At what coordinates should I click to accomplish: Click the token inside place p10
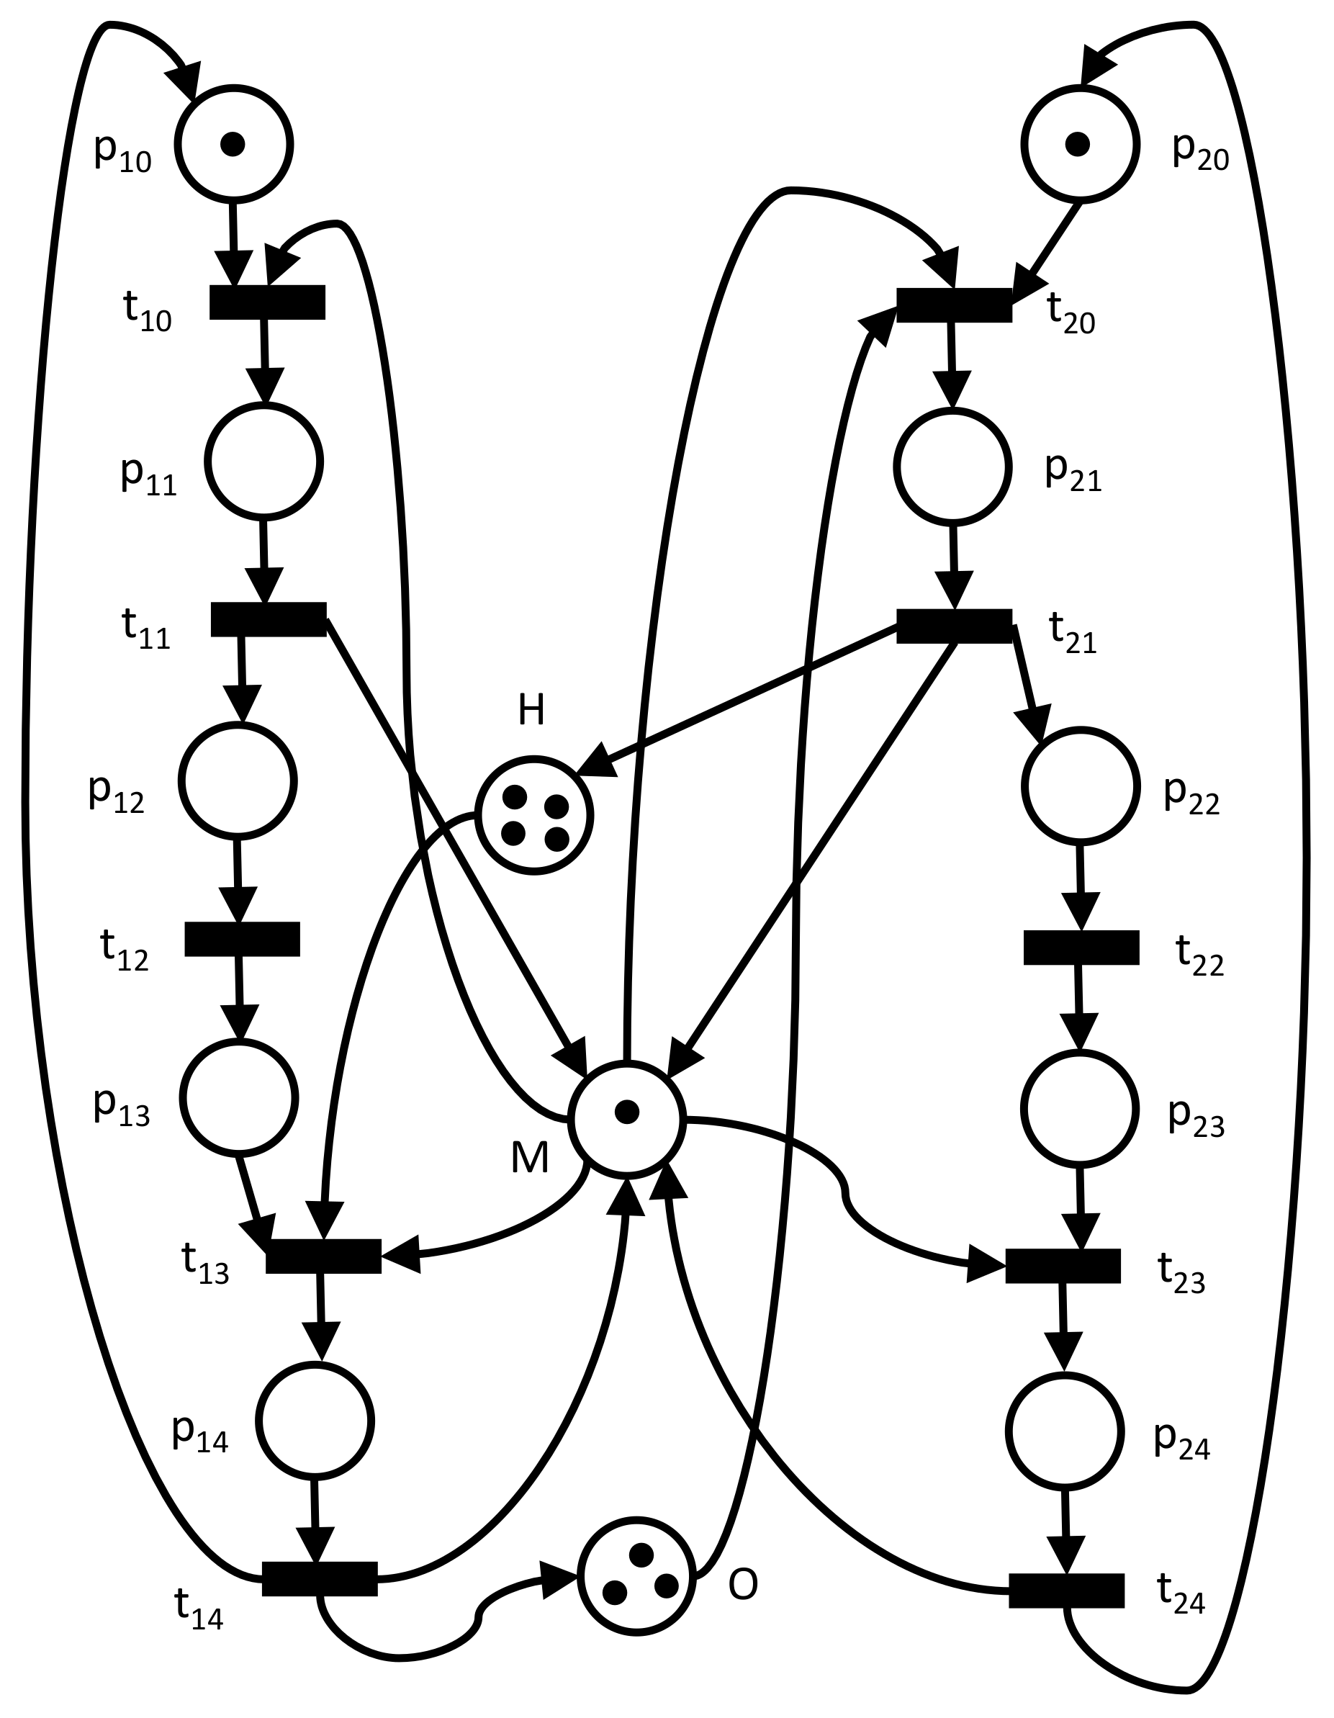click(233, 144)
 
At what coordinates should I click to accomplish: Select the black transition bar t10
click(267, 302)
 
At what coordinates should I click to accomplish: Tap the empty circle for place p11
click(264, 461)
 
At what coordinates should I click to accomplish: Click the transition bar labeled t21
click(954, 626)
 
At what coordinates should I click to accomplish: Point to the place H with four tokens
click(535, 816)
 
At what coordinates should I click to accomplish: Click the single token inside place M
click(626, 1112)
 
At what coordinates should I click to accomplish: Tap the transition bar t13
click(323, 1256)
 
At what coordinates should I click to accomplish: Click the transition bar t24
click(1067, 1591)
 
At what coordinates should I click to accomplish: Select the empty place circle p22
click(1081, 785)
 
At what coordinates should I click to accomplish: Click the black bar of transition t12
click(243, 939)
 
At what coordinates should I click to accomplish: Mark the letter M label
click(529, 1158)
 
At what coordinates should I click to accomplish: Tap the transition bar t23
click(1063, 1266)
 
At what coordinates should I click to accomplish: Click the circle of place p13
click(240, 1097)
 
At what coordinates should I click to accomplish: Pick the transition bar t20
click(954, 305)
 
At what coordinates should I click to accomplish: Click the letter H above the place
click(532, 711)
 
